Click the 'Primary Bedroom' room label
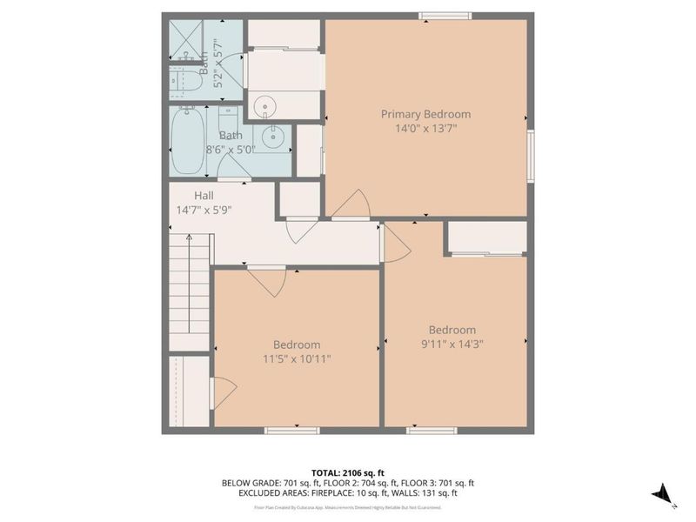[425, 114]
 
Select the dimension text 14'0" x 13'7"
[425, 128]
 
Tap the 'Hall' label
[204, 196]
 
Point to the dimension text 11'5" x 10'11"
[296, 358]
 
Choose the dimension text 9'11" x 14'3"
[452, 344]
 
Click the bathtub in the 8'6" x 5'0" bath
[189, 139]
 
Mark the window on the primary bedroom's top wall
[445, 15]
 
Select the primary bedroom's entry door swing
[351, 204]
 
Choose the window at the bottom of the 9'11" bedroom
[432, 430]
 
